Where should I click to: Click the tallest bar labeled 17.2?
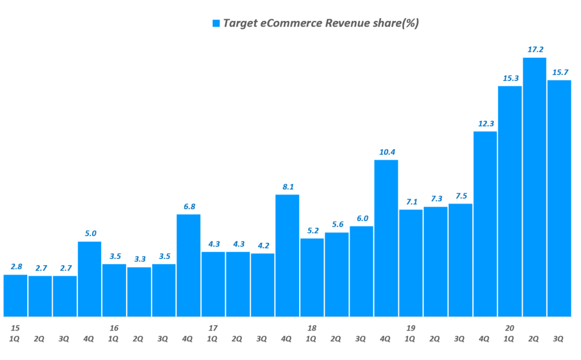[x=534, y=187]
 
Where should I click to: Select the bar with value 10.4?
[x=386, y=238]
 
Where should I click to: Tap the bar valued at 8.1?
[x=287, y=255]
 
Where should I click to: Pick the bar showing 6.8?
[x=188, y=265]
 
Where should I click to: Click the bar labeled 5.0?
[x=90, y=278]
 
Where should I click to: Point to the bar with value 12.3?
[x=485, y=223]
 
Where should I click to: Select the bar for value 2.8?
[x=15, y=295]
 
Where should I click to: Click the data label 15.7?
[x=559, y=71]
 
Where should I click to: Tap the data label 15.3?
[x=510, y=78]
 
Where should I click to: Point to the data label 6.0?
[x=361, y=218]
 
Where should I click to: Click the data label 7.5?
[x=460, y=196]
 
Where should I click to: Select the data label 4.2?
[x=263, y=245]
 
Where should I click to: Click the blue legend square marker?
[x=216, y=23]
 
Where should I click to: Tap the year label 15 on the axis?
[x=15, y=328]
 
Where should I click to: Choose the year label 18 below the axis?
[x=311, y=328]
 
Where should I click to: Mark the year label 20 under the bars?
[x=510, y=328]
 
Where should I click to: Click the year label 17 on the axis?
[x=213, y=328]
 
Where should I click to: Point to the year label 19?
[x=411, y=328]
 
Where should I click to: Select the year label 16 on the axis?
[x=114, y=328]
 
